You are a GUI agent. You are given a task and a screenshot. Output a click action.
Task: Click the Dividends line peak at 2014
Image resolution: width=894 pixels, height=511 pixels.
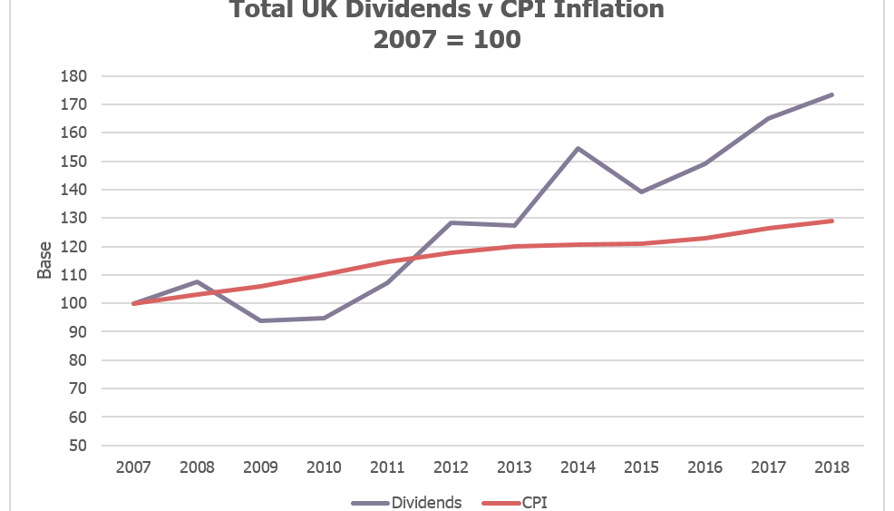pos(578,148)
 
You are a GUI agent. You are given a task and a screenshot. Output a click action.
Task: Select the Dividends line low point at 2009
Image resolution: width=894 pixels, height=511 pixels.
pos(261,320)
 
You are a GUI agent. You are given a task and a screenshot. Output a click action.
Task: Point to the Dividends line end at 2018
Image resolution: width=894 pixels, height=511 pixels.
pos(831,94)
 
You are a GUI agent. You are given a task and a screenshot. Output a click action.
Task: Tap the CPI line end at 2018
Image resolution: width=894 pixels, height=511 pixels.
pos(831,221)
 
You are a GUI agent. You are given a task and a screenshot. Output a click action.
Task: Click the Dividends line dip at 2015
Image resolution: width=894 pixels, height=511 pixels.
pos(641,192)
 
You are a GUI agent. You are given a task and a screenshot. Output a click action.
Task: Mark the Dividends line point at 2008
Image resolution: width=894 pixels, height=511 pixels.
pos(198,281)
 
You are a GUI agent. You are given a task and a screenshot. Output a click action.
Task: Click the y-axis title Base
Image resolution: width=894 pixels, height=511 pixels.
pos(44,260)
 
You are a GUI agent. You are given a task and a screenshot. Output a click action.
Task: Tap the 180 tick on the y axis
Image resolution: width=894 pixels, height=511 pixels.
pos(73,76)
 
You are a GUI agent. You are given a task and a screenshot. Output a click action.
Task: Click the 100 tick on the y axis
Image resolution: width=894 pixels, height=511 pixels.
pos(73,303)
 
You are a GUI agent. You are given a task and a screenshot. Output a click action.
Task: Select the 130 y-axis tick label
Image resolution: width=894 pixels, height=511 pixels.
pos(73,218)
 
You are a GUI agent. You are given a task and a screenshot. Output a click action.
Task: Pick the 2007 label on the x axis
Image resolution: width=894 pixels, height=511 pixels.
pos(134,467)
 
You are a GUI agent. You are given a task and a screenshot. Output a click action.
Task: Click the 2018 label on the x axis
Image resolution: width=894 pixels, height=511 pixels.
pos(831,467)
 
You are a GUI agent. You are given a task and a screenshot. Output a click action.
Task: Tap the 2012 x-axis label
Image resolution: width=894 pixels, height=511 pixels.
pos(451,467)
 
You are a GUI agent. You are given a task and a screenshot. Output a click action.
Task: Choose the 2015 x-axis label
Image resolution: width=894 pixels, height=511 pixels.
pos(641,467)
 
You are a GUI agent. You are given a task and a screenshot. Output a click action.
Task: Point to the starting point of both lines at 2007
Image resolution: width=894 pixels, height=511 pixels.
pos(134,303)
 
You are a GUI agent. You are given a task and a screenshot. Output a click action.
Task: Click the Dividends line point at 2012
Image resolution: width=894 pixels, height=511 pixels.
pos(451,222)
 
